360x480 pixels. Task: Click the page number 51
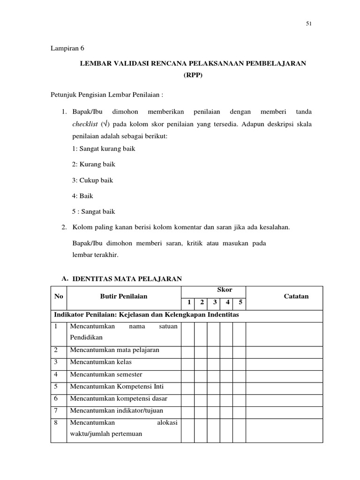pyautogui.click(x=308, y=25)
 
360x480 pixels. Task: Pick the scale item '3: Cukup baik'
pyautogui.click(x=92, y=180)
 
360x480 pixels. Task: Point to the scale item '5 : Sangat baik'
pyautogui.click(x=93, y=211)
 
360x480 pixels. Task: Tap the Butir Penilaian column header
pyautogui.click(x=124, y=296)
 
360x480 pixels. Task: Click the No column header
pyautogui.click(x=59, y=296)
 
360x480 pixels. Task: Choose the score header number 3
pyautogui.click(x=214, y=302)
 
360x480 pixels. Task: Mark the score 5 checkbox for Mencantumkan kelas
pyautogui.click(x=239, y=362)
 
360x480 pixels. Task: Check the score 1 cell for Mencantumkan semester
pyautogui.click(x=188, y=375)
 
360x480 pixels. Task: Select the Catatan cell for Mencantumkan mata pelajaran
pyautogui.click(x=284, y=350)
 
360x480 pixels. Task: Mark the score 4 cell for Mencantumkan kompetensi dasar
pyautogui.click(x=226, y=398)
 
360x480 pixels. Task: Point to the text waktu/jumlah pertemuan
pyautogui.click(x=106, y=434)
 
